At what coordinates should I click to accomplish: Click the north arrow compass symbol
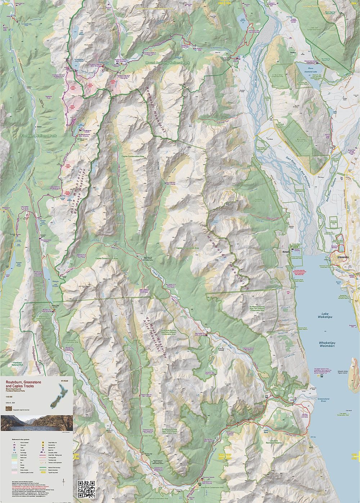point(64,481)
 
